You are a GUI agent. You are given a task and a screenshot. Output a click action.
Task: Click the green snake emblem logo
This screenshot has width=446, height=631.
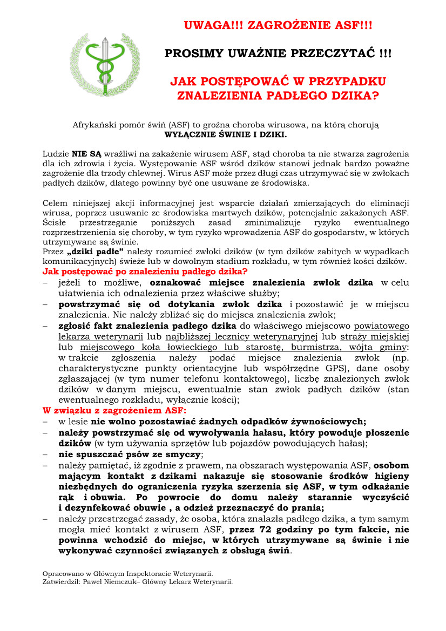105,64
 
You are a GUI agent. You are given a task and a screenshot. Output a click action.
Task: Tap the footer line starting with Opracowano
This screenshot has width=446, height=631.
127,574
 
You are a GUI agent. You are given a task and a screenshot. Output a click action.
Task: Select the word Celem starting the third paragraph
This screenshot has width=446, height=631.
55,203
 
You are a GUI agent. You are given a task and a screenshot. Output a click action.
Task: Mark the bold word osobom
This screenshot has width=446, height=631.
391,466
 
